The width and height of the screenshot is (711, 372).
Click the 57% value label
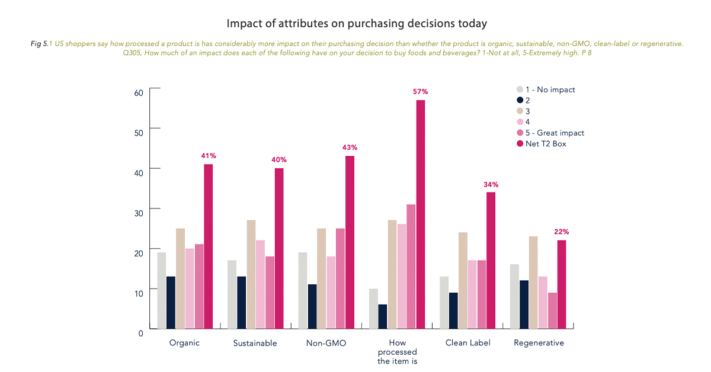420,92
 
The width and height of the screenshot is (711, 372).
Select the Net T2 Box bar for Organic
208,246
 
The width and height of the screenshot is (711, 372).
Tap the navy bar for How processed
383,316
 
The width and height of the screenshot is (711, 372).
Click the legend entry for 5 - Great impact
550,133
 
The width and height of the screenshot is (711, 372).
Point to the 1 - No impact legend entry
546,89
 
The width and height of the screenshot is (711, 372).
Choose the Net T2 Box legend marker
520,143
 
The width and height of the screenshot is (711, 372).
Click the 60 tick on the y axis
139,92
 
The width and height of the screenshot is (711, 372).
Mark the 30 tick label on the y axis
139,213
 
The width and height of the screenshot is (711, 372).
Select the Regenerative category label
539,343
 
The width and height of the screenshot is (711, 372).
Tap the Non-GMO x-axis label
326,343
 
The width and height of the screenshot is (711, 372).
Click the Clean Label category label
468,343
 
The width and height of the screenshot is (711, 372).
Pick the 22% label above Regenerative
562,232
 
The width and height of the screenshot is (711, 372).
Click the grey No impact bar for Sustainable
232,294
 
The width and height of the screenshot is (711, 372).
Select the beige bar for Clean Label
463,281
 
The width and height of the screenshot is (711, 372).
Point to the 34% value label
491,184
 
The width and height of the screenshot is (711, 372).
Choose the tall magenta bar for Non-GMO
350,242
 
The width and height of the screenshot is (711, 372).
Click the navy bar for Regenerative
524,304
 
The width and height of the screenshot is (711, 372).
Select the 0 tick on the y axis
140,333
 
